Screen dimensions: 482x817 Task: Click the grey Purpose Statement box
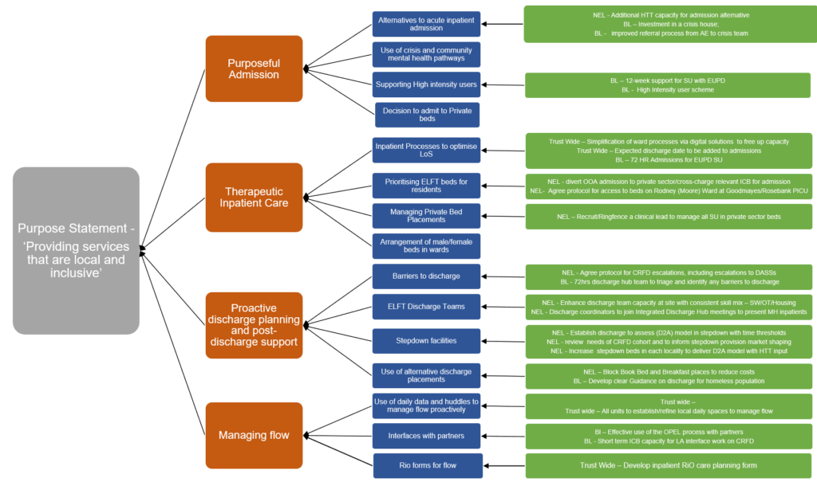76,250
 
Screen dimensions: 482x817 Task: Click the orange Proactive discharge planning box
254,325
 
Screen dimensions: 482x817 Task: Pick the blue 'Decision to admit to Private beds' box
427,114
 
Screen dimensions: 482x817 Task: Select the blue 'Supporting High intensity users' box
426,84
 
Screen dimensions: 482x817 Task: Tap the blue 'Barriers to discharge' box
426,276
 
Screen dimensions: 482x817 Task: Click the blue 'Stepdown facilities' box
426,341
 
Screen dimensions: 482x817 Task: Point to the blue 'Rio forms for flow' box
428,465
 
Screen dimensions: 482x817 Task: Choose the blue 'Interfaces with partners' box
426,436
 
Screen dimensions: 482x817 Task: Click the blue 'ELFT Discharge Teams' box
426,307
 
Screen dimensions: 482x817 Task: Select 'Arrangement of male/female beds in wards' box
427,245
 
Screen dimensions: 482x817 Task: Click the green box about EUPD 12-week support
667,85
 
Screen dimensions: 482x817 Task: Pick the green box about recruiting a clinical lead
668,217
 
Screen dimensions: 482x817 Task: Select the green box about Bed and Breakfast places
668,376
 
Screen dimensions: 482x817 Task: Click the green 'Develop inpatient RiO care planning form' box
668,465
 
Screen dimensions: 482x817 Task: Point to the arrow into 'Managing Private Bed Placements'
503,216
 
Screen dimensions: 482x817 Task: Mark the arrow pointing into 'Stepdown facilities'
503,341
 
